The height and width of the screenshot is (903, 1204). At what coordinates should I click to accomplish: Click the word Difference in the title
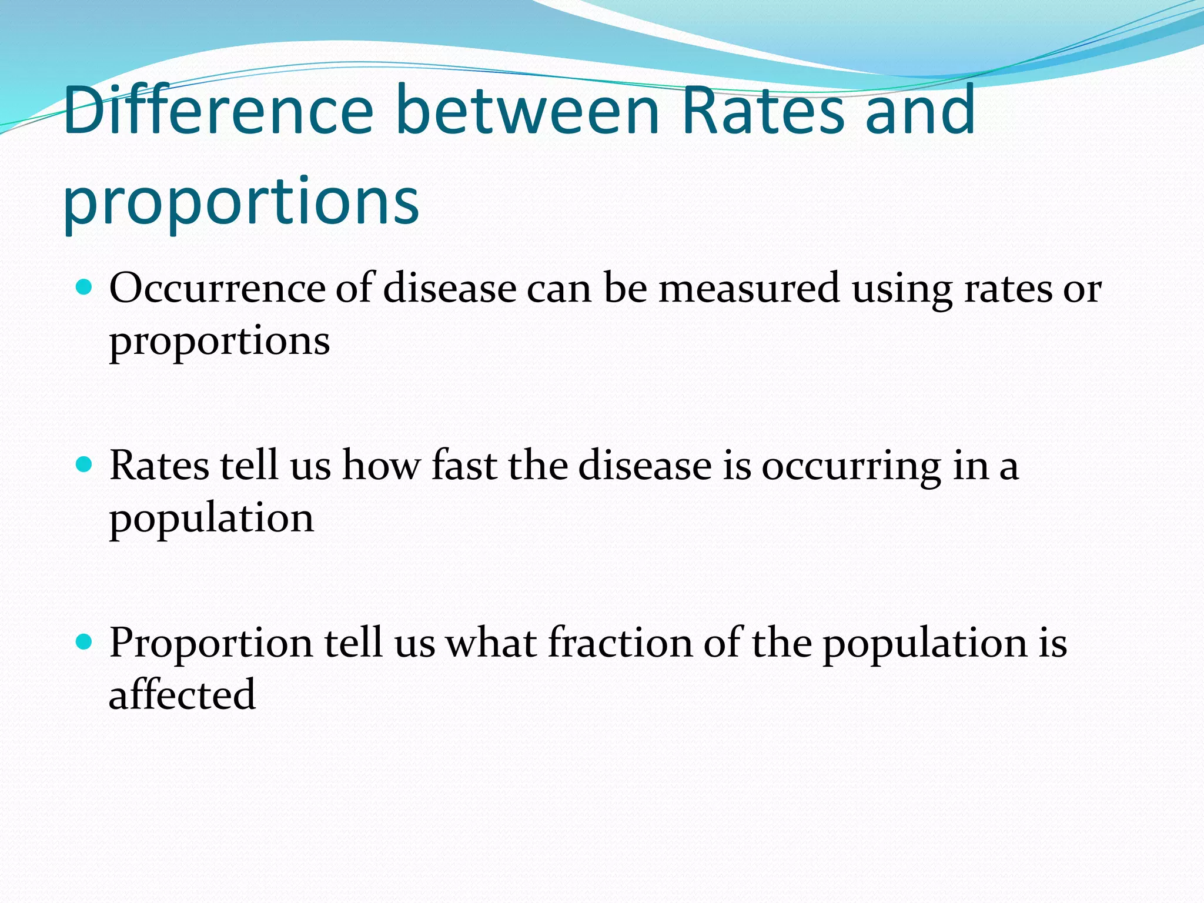tap(218, 110)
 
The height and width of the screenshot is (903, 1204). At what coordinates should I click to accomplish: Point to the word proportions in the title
tap(241, 202)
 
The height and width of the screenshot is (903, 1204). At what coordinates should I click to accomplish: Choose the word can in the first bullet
tap(558, 289)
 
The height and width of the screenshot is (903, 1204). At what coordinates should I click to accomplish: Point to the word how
tap(382, 465)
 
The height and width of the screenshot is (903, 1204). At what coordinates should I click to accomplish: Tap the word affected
tap(182, 694)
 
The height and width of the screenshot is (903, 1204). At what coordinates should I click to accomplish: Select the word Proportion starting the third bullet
tap(211, 643)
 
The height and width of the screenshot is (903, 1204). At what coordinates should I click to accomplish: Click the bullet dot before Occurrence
tap(85, 287)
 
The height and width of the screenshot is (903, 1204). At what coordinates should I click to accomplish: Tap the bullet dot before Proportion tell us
tap(85, 641)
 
